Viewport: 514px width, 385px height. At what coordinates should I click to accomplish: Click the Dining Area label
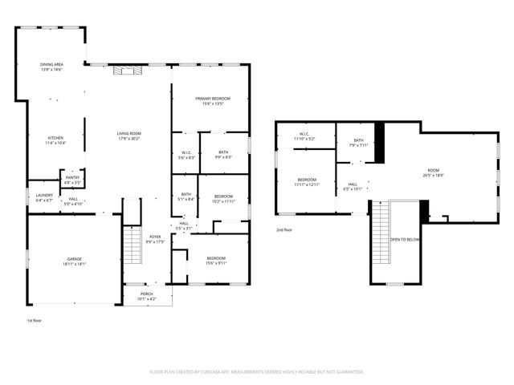tap(51, 67)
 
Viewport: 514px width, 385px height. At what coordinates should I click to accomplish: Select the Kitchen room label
tap(55, 140)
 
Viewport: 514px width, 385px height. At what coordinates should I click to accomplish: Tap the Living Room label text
tap(128, 136)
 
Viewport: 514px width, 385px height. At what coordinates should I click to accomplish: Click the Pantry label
tap(72, 179)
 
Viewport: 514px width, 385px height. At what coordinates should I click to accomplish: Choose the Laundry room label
tap(44, 197)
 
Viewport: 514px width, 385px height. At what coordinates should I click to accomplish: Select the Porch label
tap(147, 297)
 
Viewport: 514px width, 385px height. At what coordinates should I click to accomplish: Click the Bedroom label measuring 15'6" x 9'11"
tap(216, 260)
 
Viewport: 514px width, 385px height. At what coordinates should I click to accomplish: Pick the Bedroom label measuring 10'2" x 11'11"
tap(223, 199)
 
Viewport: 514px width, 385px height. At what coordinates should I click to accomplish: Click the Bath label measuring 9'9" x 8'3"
tap(223, 154)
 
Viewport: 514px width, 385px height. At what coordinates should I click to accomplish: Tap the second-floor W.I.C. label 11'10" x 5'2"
tap(304, 136)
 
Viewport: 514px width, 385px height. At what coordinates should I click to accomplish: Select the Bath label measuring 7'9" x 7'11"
tap(357, 144)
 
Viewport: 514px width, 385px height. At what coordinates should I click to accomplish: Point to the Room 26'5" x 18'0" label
tap(434, 172)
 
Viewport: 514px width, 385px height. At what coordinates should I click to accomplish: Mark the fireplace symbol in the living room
tap(126, 70)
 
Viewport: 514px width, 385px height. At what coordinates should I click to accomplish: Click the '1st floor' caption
tap(34, 320)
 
